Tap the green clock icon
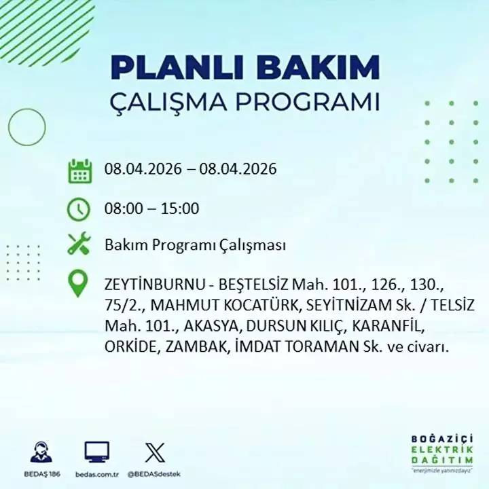[79, 209]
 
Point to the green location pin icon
[79, 285]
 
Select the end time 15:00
[179, 208]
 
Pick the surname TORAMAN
[322, 347]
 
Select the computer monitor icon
[96, 452]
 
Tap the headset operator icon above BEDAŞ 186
[41, 452]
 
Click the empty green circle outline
[26, 126]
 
